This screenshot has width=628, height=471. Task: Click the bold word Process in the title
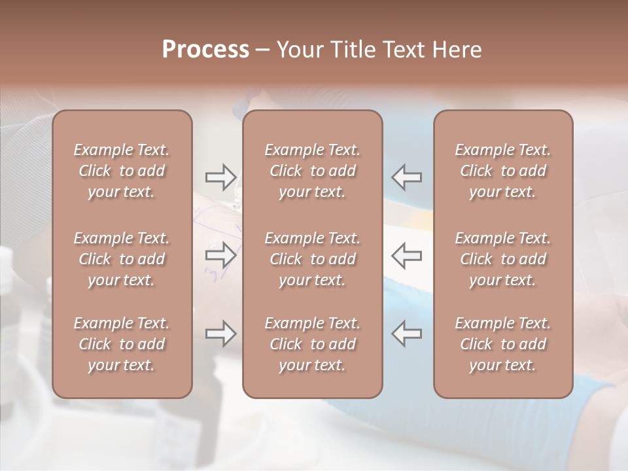click(205, 50)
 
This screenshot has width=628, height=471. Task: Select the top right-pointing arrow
click(220, 177)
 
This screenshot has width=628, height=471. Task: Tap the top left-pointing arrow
click(407, 177)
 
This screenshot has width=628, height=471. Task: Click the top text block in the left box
click(122, 171)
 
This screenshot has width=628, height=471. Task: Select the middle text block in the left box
click(122, 259)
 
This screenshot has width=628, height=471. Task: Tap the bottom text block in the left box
click(122, 344)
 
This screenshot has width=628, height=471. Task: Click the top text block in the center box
click(312, 171)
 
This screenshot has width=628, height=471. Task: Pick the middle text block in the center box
click(312, 259)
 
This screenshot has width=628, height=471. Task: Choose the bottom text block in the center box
click(312, 344)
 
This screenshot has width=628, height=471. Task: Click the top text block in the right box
click(502, 171)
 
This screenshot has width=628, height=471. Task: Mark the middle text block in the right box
click(502, 259)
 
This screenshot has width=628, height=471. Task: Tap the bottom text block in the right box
click(502, 344)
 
